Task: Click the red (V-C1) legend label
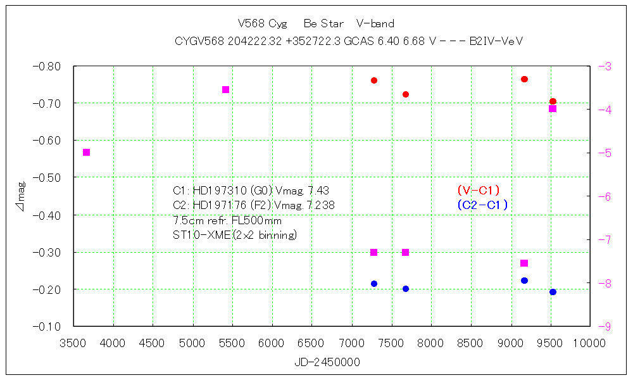click(479, 190)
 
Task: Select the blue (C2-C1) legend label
click(482, 205)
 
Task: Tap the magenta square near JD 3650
click(87, 152)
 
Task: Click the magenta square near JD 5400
click(225, 89)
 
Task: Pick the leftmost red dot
click(374, 80)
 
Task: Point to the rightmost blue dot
click(553, 292)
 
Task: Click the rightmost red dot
click(553, 101)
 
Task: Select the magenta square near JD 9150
click(524, 263)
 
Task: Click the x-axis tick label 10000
click(590, 343)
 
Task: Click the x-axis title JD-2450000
click(327, 363)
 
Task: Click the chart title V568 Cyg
click(262, 24)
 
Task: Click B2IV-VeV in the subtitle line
click(496, 41)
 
